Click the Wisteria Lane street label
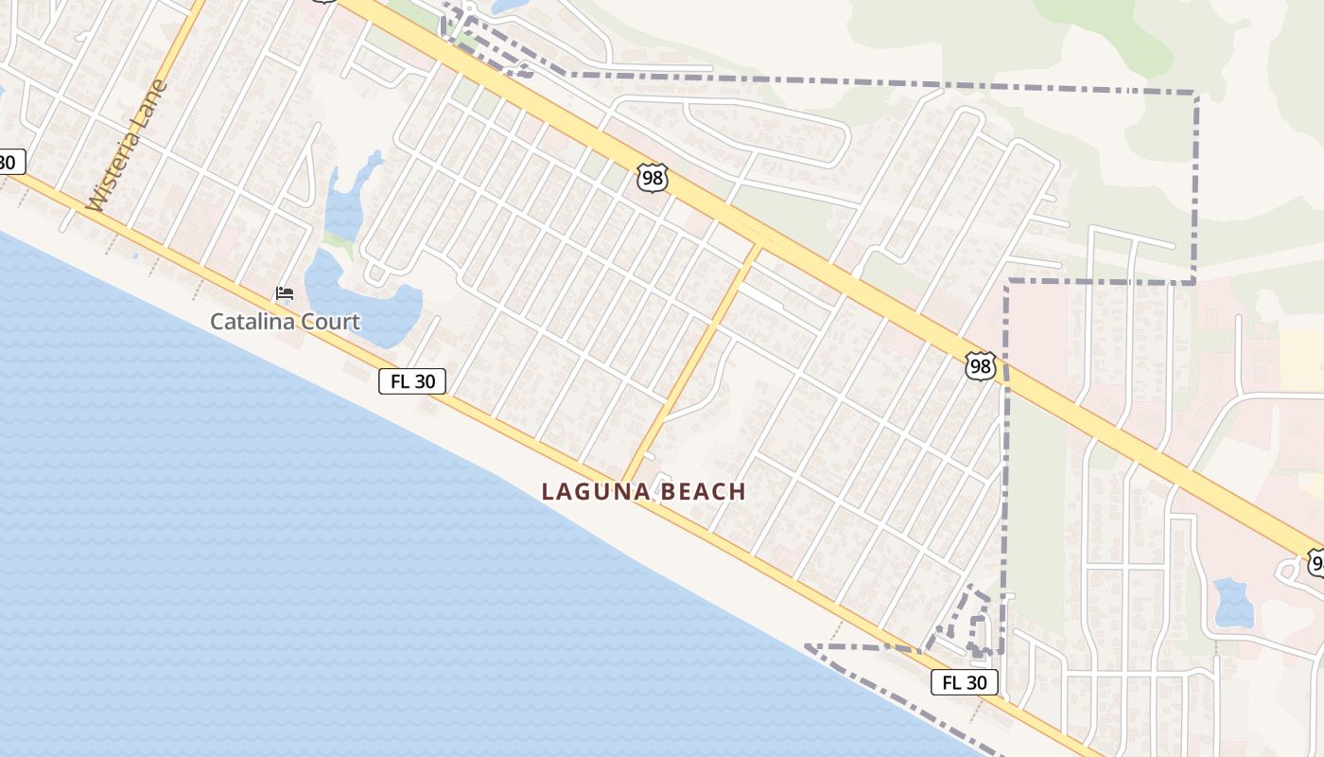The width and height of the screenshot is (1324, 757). point(128,145)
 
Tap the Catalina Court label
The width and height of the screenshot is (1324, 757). point(285,322)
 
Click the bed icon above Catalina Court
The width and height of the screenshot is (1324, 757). point(284,293)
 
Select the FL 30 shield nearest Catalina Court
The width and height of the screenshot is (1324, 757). point(412,381)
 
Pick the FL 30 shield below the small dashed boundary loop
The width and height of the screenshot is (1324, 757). point(965,682)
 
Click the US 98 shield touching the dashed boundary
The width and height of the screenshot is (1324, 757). point(981,365)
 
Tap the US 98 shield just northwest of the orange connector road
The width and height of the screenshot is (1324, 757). point(653,178)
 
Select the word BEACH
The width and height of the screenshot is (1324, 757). point(704,492)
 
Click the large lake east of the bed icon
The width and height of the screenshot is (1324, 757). point(369,303)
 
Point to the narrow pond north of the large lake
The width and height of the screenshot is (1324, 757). point(348,199)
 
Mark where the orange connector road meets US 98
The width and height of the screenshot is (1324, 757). point(757,249)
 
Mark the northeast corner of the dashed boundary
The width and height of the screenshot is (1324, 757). point(1196,95)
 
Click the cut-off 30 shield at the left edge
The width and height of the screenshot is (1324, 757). point(8,162)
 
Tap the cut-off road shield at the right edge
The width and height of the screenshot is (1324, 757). point(1316,564)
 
